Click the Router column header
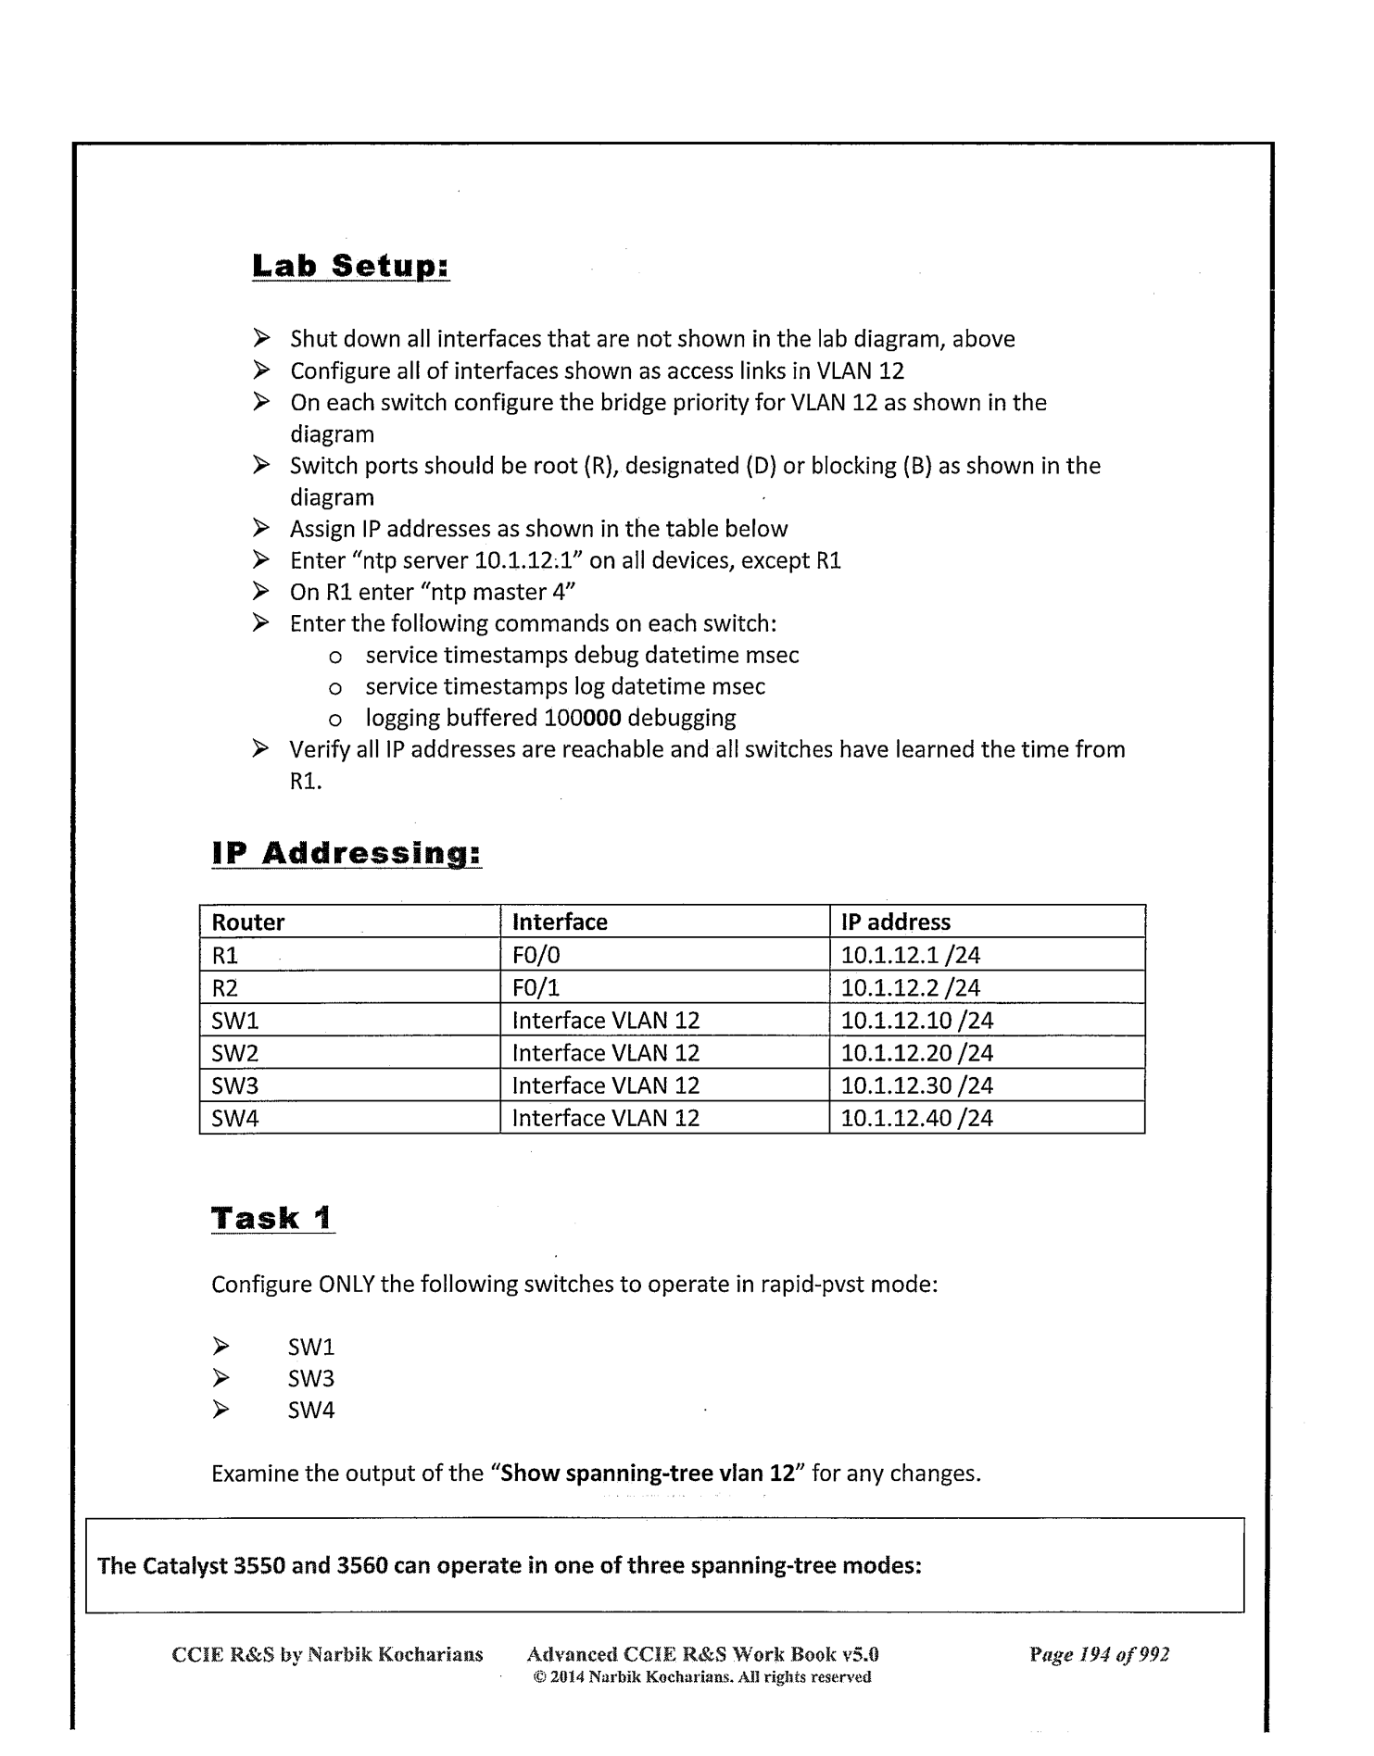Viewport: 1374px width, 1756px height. [248, 922]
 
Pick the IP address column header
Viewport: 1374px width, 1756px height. [895, 922]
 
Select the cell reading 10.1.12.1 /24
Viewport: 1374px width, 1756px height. [910, 955]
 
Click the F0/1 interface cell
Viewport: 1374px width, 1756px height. [536, 987]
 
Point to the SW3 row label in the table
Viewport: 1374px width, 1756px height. [234, 1085]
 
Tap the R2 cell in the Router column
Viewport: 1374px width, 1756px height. [225, 987]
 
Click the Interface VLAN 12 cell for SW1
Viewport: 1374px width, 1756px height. [605, 1021]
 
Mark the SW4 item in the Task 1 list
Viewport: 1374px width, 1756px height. [310, 1410]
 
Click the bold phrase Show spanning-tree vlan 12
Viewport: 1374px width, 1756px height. [647, 1473]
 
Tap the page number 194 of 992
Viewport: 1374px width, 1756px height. [1099, 1654]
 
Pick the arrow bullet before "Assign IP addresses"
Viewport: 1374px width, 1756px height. [261, 528]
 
